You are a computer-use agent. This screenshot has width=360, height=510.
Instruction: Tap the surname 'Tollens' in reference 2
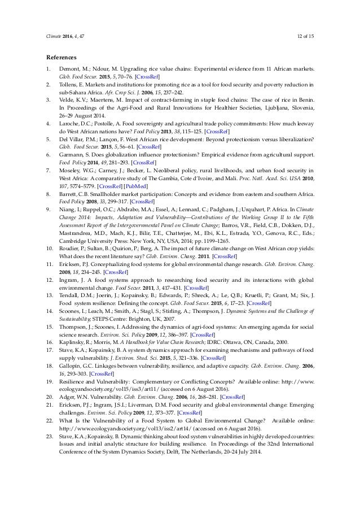pos(70,83)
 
